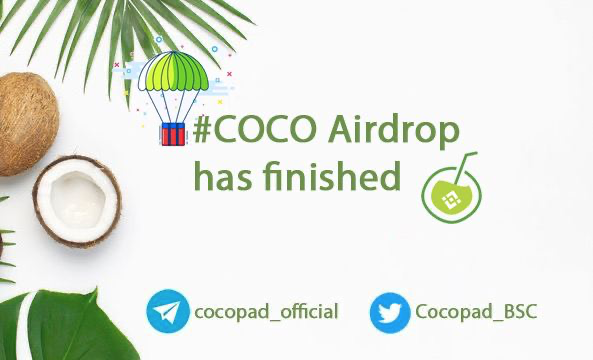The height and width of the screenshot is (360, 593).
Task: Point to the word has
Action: tap(217, 177)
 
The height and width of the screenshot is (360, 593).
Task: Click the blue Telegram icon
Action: tap(167, 311)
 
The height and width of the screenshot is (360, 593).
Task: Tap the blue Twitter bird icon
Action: tap(390, 312)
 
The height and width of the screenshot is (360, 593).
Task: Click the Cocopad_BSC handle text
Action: tap(475, 312)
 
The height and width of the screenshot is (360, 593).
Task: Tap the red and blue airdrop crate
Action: tap(173, 133)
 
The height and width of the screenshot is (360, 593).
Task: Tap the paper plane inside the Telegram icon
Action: tap(166, 311)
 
